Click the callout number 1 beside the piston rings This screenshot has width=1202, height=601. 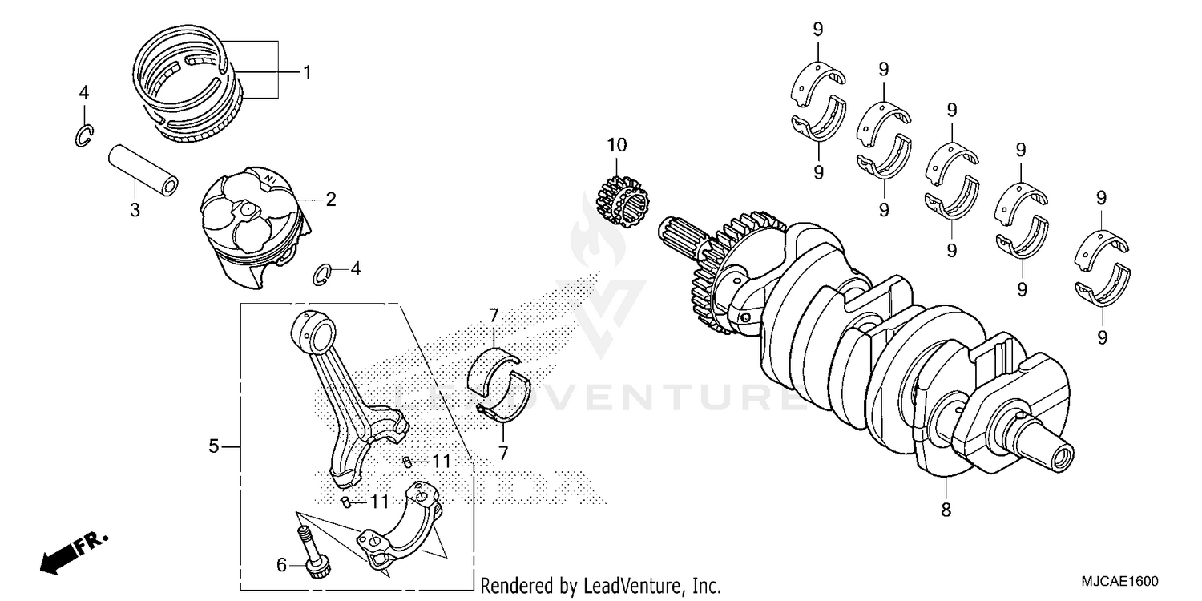tap(306, 72)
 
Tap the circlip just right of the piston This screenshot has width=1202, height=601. tap(321, 272)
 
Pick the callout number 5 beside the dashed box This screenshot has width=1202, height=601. tap(213, 446)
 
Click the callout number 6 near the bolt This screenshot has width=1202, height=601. tap(281, 565)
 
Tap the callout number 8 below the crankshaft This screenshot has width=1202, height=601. tap(946, 509)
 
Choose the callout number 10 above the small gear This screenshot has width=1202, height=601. tap(617, 145)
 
